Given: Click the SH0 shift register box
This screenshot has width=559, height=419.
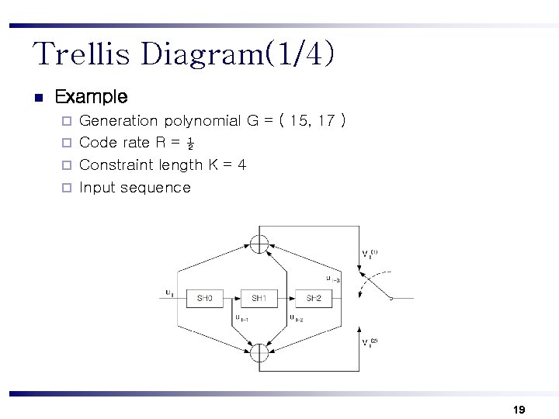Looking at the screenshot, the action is (x=204, y=298).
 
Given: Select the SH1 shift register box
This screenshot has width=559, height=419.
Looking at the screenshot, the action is (x=259, y=298).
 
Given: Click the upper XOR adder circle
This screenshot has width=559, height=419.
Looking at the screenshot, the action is (x=259, y=243).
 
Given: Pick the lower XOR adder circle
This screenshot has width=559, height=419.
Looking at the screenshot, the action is (x=259, y=353).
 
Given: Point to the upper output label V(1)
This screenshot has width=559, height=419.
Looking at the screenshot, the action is (x=370, y=255).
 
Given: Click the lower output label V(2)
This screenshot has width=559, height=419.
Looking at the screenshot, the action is (x=370, y=342).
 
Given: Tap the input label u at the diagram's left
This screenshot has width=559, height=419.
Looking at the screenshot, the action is (x=169, y=293).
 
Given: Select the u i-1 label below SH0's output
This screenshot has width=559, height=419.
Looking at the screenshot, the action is (x=241, y=317).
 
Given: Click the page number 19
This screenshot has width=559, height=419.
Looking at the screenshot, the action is (x=519, y=409).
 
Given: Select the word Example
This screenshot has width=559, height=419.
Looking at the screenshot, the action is (x=92, y=97).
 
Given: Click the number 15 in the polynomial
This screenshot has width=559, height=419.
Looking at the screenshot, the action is (x=299, y=121).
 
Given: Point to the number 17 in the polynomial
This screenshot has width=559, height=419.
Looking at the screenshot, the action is (x=328, y=121).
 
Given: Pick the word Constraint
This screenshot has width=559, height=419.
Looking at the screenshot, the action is (x=116, y=164).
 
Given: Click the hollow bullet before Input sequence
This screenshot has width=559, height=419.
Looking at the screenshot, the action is (x=67, y=188).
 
